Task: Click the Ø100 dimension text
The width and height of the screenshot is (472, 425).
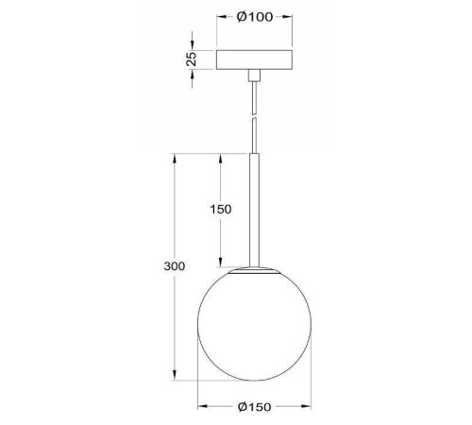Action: tap(255, 17)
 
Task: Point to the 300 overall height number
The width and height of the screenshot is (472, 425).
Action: tap(174, 266)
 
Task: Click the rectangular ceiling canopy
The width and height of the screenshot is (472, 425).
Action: tap(254, 59)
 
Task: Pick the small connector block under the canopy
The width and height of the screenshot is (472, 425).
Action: tap(254, 75)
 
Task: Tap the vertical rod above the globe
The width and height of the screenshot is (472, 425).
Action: tap(254, 208)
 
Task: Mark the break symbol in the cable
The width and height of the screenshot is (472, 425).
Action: tap(254, 118)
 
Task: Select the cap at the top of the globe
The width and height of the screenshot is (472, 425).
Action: tap(255, 269)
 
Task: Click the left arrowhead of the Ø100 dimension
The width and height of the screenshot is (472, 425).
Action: tap(220, 18)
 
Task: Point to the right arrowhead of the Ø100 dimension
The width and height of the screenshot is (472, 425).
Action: tap(290, 18)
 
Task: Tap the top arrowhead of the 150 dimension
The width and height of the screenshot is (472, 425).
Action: tap(221, 156)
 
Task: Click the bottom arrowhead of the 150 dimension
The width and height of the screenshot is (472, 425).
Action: tap(221, 264)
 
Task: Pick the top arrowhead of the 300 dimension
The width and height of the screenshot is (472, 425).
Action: tap(176, 156)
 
